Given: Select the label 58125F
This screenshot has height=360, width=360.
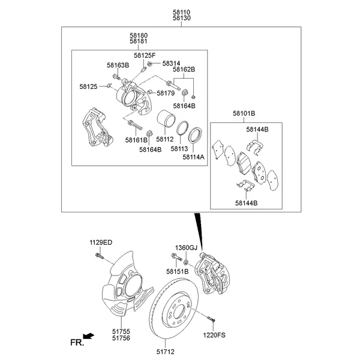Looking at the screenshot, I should tap(144, 55).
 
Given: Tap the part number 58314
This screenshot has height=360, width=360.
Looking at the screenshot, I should tap(171, 63).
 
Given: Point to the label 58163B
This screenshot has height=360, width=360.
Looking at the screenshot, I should tap(118, 64).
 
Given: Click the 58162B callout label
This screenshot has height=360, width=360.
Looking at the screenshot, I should tap(184, 70).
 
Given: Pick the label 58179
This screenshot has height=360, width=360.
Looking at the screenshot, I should tap(165, 93).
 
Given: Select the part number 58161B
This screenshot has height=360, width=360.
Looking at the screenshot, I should tap(136, 140).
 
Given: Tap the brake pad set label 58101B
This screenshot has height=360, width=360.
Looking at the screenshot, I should tap(244, 113).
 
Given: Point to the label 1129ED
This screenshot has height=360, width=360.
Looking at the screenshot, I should tap(101, 242).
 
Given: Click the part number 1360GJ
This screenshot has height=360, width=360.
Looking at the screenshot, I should tap(186, 247).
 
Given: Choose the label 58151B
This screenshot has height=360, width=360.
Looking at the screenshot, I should tap(178, 271).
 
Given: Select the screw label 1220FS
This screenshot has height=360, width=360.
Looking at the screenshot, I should tap(215, 334).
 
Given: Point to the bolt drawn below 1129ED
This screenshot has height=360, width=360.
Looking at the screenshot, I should tap(99, 259).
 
